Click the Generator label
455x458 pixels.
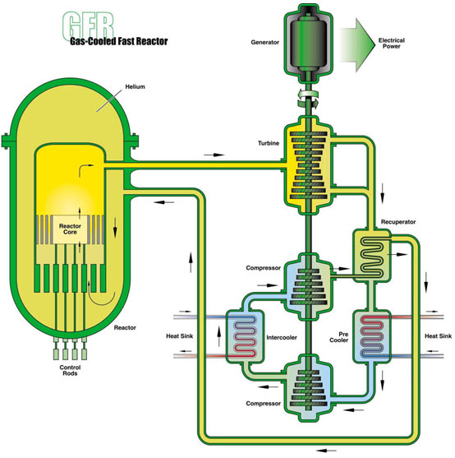tap(264, 43)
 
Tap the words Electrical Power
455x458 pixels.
tap(392, 44)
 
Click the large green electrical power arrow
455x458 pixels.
tap(358, 44)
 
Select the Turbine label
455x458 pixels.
tap(269, 143)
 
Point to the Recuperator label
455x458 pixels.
tap(398, 222)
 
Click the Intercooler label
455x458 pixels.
tap(282, 338)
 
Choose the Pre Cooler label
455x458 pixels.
tap(339, 337)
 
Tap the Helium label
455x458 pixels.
tap(135, 87)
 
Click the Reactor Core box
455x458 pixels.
tap(70, 229)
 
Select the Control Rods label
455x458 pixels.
tap(70, 370)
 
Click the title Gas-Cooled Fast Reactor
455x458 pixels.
tap(119, 41)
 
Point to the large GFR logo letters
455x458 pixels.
tap(88, 25)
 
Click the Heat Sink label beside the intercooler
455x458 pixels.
tap(179, 336)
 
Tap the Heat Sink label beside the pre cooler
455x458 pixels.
tap(438, 336)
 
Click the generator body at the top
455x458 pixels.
tap(309, 44)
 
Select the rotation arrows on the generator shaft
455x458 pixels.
tap(308, 99)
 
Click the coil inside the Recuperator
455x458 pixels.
tap(372, 257)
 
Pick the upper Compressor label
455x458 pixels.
tap(263, 268)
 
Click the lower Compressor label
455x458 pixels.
tap(263, 404)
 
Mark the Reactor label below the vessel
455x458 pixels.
tap(125, 328)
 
